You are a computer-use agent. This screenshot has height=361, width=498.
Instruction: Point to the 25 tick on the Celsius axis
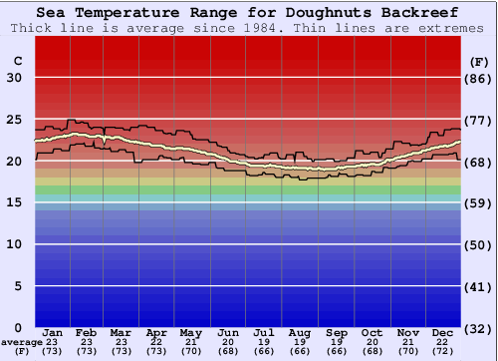click(15, 120)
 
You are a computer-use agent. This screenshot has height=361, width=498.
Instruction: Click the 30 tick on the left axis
click(15, 78)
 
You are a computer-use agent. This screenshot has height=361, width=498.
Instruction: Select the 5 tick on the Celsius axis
click(18, 286)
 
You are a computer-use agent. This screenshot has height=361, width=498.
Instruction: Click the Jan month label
click(54, 331)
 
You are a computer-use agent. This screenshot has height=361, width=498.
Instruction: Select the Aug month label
click(299, 331)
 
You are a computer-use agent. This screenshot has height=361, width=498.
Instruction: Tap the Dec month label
click(444, 331)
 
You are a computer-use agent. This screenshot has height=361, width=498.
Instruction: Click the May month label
click(190, 331)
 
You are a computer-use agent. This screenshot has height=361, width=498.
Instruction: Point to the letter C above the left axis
click(18, 61)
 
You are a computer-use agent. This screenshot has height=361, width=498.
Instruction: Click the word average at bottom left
click(22, 342)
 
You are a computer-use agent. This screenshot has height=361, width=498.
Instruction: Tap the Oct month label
click(372, 331)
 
